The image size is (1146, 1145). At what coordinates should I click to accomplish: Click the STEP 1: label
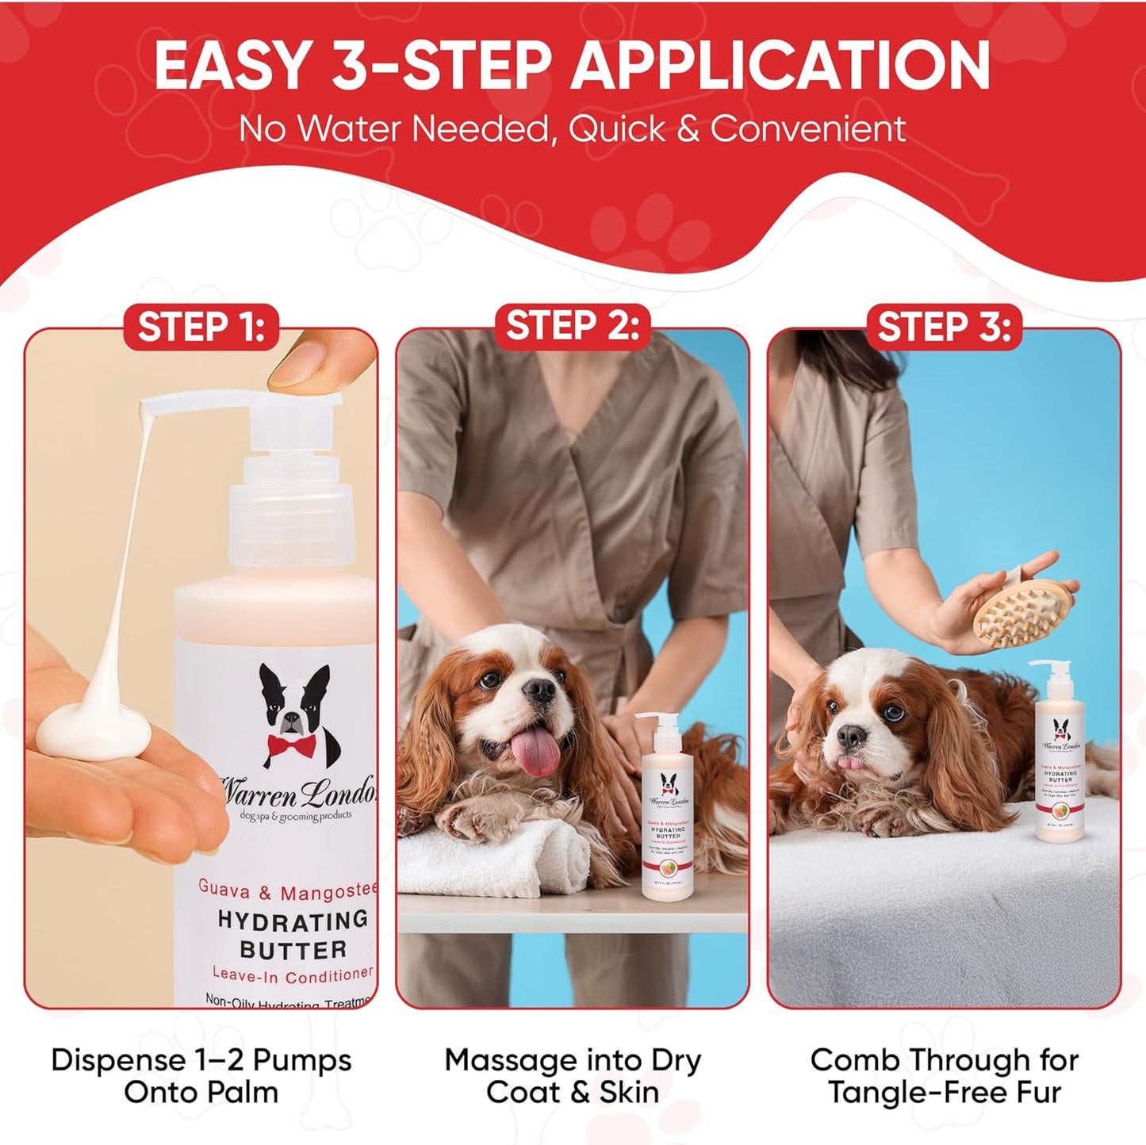(x=201, y=327)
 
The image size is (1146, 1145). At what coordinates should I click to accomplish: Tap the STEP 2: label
(x=573, y=327)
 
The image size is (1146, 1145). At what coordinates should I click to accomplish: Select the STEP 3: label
(x=944, y=327)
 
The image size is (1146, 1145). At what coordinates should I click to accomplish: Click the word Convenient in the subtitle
(x=808, y=129)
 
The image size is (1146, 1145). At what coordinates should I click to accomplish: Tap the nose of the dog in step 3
(x=851, y=736)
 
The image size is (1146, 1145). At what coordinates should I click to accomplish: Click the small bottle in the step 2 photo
(x=668, y=809)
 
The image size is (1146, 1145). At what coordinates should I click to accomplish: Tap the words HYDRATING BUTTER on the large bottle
(x=293, y=935)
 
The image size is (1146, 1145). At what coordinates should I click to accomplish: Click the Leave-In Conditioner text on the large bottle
(x=292, y=975)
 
